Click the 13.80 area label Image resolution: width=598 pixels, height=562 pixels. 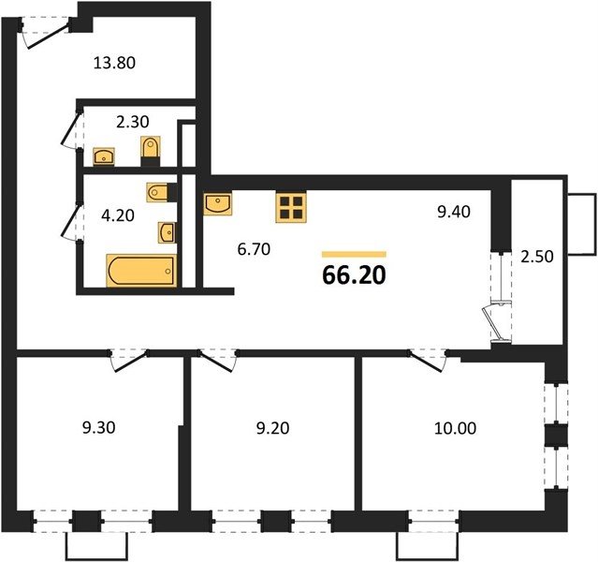pyautogui.click(x=114, y=63)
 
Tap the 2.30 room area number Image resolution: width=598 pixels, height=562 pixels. pyautogui.click(x=132, y=122)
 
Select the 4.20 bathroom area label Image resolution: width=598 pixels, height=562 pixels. pyautogui.click(x=118, y=215)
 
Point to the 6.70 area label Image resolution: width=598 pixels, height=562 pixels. pyautogui.click(x=254, y=249)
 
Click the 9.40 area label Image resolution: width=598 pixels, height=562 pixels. pyautogui.click(x=454, y=212)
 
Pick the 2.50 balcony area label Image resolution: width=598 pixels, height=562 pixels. pyautogui.click(x=537, y=257)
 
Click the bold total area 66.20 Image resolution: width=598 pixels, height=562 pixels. pyautogui.click(x=355, y=275)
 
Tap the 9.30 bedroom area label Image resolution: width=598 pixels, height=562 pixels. pyautogui.click(x=99, y=428)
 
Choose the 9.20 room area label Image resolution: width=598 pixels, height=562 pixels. pyautogui.click(x=272, y=428)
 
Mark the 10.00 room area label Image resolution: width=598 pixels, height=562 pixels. pyautogui.click(x=456, y=428)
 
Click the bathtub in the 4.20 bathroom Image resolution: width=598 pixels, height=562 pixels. pyautogui.click(x=141, y=271)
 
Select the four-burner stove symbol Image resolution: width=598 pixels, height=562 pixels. pyautogui.click(x=291, y=208)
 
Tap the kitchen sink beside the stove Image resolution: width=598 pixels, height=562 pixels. pyautogui.click(x=218, y=204)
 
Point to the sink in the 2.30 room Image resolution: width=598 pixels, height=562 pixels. pyautogui.click(x=104, y=156)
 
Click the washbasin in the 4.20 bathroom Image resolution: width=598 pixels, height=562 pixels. pyautogui.click(x=167, y=233)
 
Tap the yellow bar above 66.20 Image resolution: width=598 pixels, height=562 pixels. pyautogui.click(x=355, y=255)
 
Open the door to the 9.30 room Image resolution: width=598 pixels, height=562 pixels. pyautogui.click(x=129, y=360)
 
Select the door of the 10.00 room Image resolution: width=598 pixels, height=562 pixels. pyautogui.click(x=428, y=360)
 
